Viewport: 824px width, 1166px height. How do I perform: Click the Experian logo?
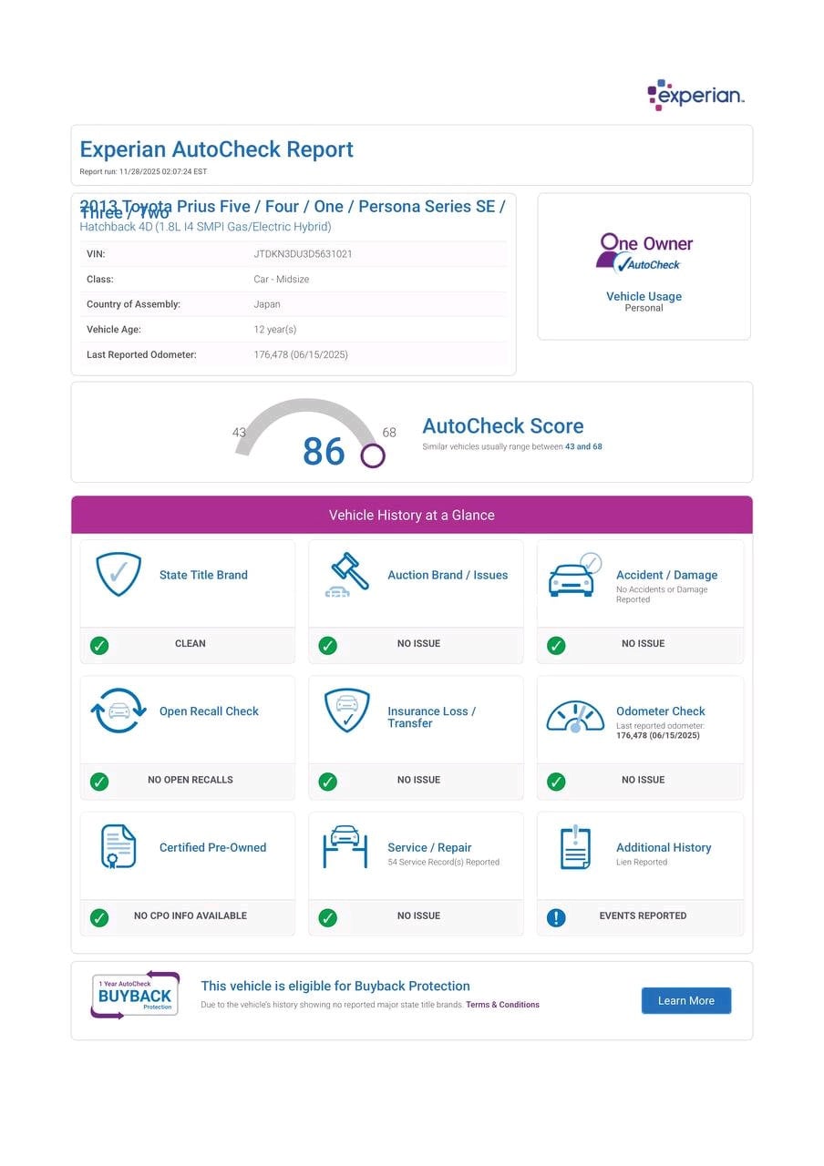(695, 95)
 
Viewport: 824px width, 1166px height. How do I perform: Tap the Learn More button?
(685, 1000)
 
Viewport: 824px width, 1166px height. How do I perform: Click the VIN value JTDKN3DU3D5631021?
(303, 254)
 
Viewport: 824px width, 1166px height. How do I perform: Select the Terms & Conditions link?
(502, 1005)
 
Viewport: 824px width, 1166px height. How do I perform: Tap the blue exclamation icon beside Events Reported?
(556, 917)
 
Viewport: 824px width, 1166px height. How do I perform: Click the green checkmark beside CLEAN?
(99, 645)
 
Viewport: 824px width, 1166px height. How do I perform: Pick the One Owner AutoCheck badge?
(644, 252)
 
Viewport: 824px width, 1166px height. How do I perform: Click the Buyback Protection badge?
(135, 995)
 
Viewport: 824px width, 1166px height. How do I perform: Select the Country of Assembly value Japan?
(267, 304)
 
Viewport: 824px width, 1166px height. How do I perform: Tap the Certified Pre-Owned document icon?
(118, 846)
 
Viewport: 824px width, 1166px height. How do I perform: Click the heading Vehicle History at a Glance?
(411, 515)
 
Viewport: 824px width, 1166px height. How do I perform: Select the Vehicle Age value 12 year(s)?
(274, 330)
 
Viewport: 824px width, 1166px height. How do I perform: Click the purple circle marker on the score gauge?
(372, 455)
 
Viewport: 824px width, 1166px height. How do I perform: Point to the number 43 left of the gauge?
(239, 433)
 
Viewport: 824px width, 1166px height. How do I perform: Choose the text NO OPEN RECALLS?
(190, 780)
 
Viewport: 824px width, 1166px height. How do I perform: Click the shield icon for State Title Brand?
(118, 574)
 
